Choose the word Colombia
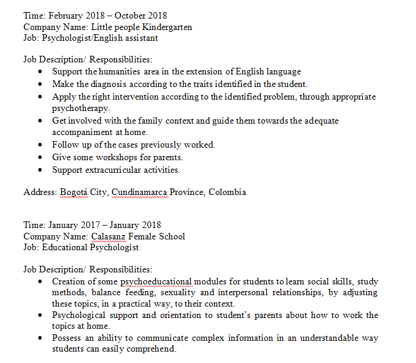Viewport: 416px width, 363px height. [x=227, y=193]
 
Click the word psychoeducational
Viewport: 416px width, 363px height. [x=156, y=281]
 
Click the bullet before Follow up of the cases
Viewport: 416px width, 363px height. [x=40, y=145]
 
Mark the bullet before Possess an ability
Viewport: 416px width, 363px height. [x=40, y=338]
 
